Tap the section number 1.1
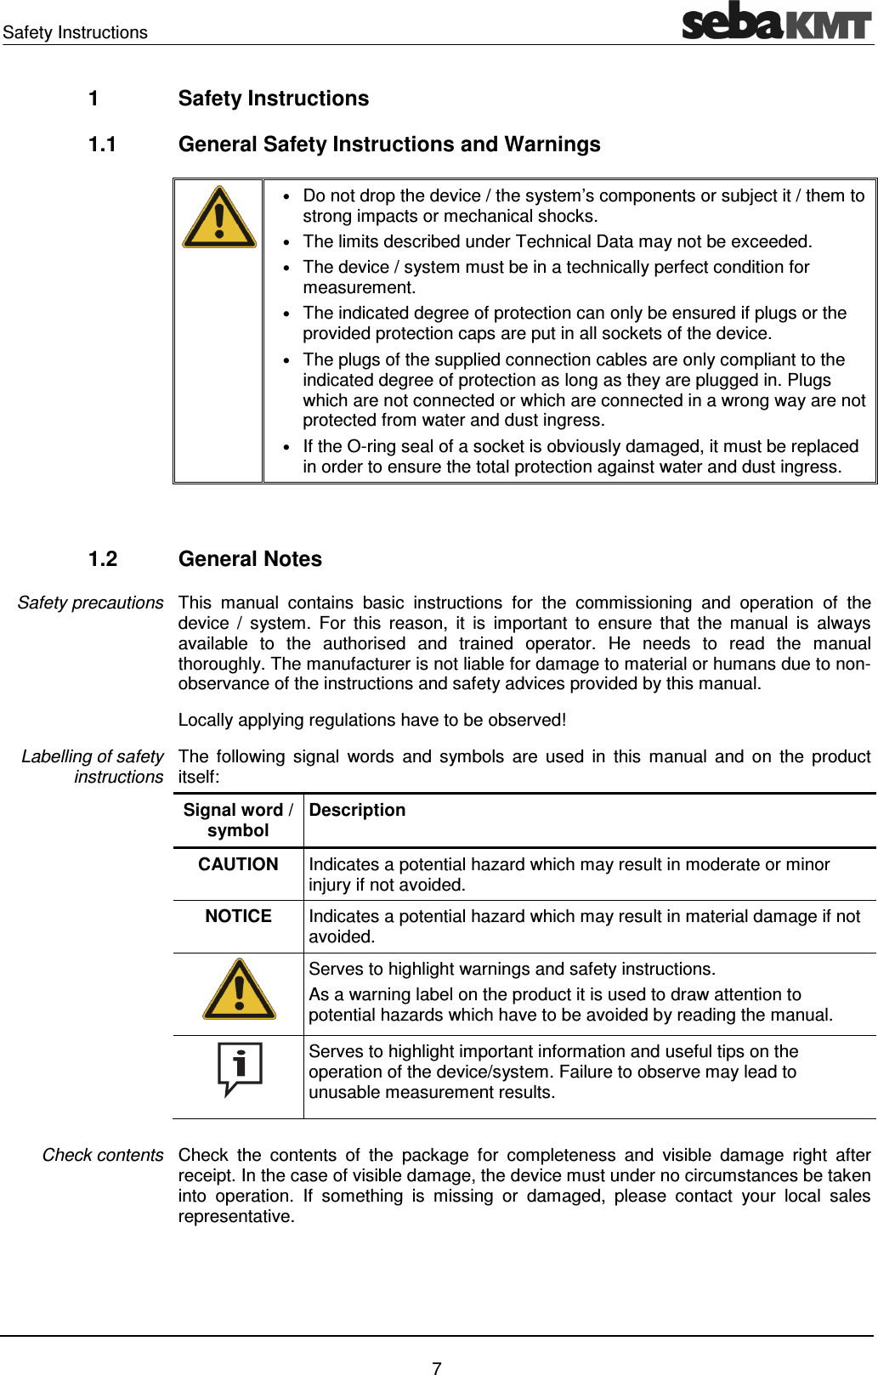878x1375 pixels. click(x=102, y=144)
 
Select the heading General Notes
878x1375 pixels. click(x=250, y=559)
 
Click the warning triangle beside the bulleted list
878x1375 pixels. click(x=219, y=218)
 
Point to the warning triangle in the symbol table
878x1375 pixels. click(x=239, y=991)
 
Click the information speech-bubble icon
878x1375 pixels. click(x=239, y=1067)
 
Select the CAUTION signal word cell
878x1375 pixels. click(x=238, y=864)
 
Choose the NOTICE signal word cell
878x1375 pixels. click(x=238, y=916)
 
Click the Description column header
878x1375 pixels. click(x=357, y=810)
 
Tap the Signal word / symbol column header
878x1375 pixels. click(x=238, y=820)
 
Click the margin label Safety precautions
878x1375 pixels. click(x=90, y=603)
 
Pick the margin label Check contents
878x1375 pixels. click(x=102, y=1155)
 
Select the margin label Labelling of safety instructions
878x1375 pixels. click(x=93, y=766)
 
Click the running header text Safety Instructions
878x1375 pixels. click(x=75, y=32)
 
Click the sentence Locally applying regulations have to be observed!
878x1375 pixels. click(x=371, y=720)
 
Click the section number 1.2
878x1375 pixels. click(x=102, y=559)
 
